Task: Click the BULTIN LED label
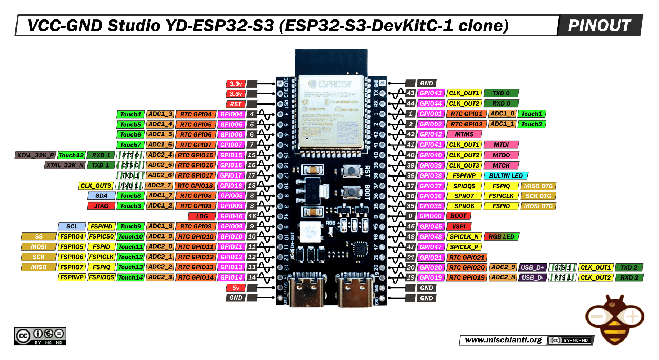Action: click(x=506, y=175)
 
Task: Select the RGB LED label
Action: click(x=501, y=237)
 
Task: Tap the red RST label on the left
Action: click(x=236, y=104)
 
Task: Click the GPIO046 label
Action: click(x=231, y=216)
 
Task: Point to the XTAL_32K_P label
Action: click(x=35, y=155)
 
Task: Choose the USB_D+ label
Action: click(x=533, y=267)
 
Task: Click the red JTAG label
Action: click(x=101, y=206)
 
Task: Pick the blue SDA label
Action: click(x=101, y=196)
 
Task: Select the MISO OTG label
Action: click(x=538, y=186)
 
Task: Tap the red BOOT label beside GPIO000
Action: click(x=458, y=216)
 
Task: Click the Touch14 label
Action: click(x=130, y=277)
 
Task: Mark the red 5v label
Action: click(x=236, y=288)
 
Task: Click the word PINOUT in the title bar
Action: click(x=599, y=26)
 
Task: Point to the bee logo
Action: click(x=615, y=319)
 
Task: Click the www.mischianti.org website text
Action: click(x=503, y=340)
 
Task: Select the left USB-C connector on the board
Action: click(x=307, y=290)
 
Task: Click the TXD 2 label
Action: click(x=629, y=267)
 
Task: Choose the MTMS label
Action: click(x=464, y=134)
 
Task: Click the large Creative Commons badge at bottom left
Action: click(x=40, y=336)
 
